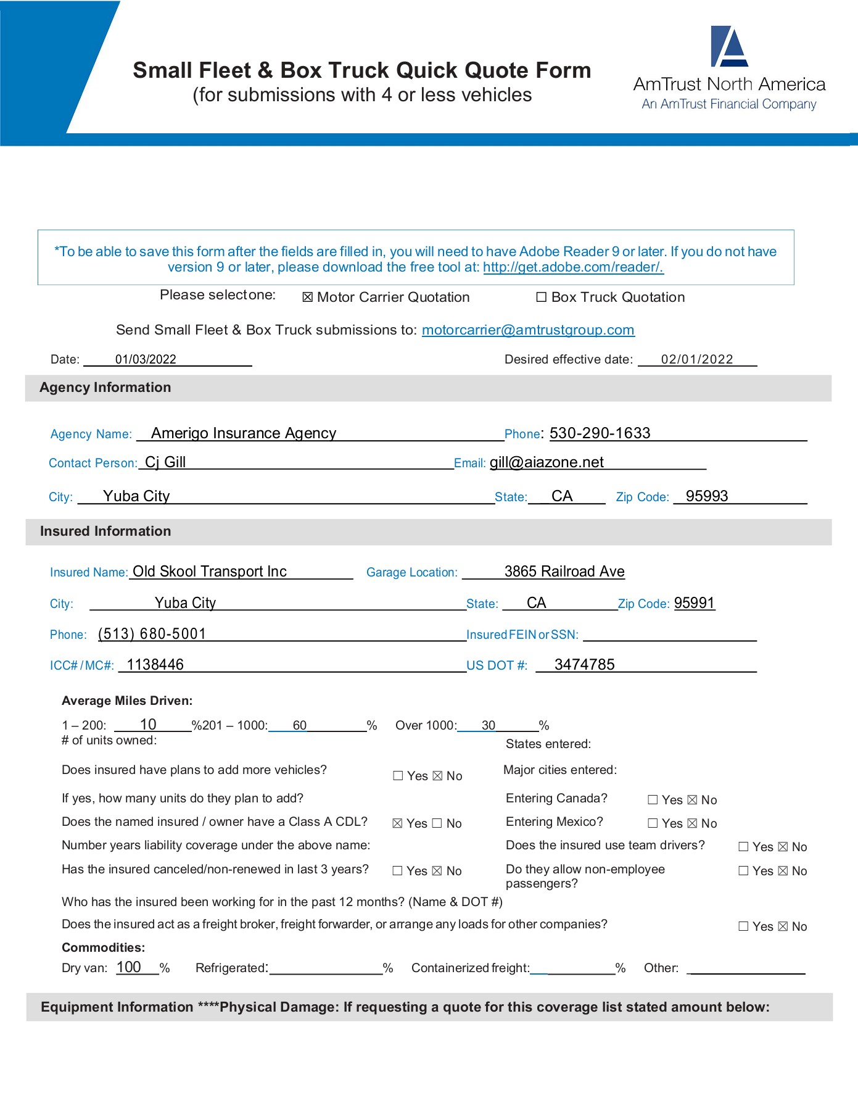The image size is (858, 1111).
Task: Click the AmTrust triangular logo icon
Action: coord(730,46)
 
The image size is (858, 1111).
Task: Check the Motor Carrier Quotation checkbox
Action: coord(307,298)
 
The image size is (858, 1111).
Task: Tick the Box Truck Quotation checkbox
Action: coord(542,298)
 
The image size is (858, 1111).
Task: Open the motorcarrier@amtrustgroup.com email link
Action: coord(527,330)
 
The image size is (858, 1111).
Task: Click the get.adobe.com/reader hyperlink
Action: coord(572,267)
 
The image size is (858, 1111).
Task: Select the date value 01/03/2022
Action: coord(146,359)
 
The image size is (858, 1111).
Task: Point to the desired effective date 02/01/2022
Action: coord(696,359)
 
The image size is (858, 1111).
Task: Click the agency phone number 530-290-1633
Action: coord(600,433)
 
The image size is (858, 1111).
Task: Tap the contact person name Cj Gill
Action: coord(165,462)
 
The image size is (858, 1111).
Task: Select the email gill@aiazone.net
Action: coord(547,462)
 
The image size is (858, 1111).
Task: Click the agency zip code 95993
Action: coord(707,496)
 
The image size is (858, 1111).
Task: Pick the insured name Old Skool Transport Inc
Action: coord(210,572)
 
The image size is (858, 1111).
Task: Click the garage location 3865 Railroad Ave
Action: coord(564,572)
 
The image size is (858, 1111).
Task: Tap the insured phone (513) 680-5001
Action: coord(152,634)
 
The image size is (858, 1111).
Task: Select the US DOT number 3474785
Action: coord(584,665)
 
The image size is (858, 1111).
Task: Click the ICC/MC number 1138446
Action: coord(155,665)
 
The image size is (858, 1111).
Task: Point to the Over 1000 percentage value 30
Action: coord(489,725)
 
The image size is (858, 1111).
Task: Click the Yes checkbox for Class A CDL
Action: coord(398,823)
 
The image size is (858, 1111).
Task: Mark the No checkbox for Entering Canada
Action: coord(692,800)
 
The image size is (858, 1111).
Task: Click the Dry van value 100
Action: coord(129,967)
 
